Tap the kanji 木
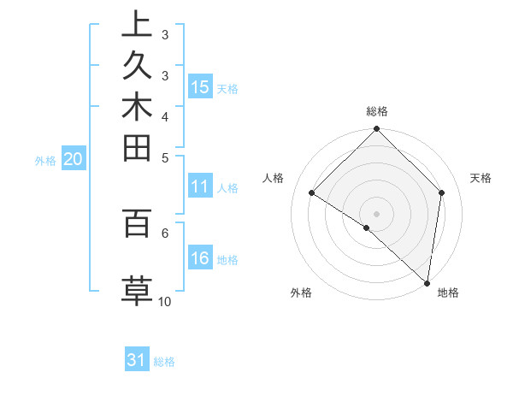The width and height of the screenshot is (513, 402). pos(136,109)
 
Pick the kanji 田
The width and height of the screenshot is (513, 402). pos(136,150)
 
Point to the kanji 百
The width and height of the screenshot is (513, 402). pos(136,223)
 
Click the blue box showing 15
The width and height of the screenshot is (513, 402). pos(200,86)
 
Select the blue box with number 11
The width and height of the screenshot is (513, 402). pos(200,186)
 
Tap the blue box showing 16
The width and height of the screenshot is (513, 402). pos(200,258)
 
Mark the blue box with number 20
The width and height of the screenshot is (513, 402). pos(74,158)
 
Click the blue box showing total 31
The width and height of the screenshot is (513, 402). pos(137,360)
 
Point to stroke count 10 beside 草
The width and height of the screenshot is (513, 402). pos(164,302)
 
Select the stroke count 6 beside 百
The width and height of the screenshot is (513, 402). pos(164,232)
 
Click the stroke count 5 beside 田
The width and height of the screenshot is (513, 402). pos(164,157)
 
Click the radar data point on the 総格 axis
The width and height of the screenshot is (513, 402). pos(376,130)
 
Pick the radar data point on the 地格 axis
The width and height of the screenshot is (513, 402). pos(427,281)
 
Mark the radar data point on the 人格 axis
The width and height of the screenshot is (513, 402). pos(312,192)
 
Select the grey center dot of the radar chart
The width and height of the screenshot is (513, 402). pos(376,213)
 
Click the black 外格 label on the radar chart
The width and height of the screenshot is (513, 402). pos(301,293)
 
